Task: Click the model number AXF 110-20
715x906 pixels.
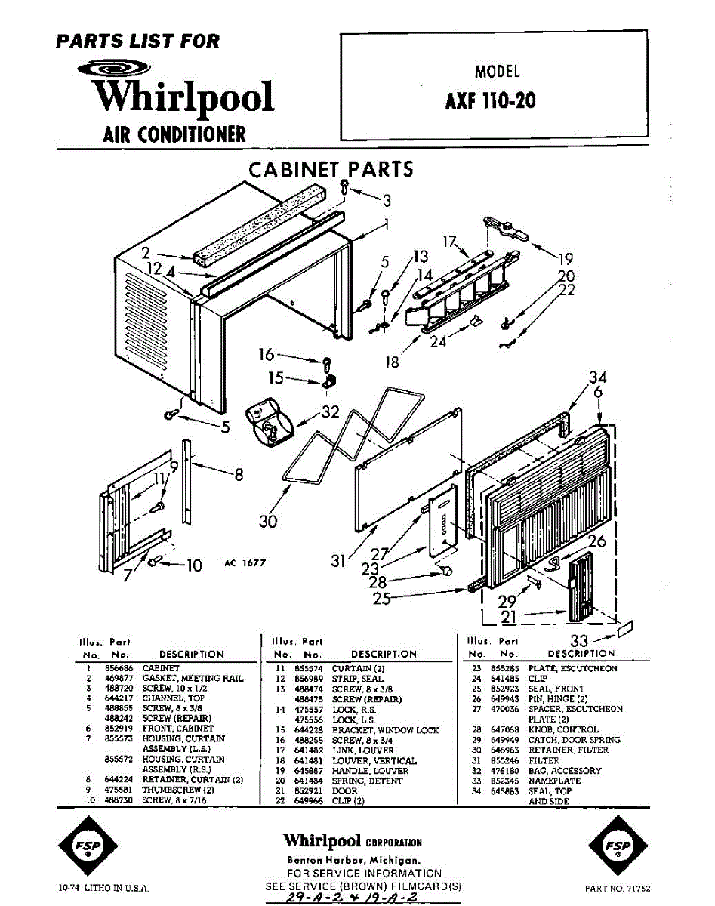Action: [491, 100]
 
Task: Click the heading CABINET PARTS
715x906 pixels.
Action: [331, 169]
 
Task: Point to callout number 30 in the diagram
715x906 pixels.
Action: [268, 521]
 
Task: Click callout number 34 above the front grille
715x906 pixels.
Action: [598, 377]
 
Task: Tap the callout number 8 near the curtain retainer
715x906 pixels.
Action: [239, 475]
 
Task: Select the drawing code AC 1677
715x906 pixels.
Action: [245, 562]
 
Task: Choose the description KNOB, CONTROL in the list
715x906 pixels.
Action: [566, 730]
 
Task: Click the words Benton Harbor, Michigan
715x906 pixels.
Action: [353, 861]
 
